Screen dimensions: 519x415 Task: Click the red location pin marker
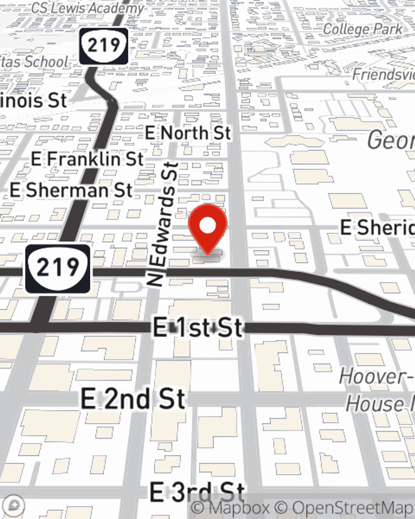[x=207, y=227]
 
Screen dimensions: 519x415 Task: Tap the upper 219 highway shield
[x=104, y=45]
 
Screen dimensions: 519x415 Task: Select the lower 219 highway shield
[x=58, y=268]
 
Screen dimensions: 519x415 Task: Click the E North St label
[x=188, y=133]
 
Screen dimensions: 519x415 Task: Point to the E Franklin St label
[x=87, y=159]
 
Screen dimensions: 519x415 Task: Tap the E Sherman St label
[x=71, y=190]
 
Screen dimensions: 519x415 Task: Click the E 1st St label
[x=198, y=327]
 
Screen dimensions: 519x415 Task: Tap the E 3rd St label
[x=197, y=492]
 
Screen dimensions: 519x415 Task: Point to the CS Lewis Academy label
[x=88, y=7]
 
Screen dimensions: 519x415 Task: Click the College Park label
[x=362, y=29]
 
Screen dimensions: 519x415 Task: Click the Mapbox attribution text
[x=230, y=508]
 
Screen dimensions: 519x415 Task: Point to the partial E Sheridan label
[x=377, y=228]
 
